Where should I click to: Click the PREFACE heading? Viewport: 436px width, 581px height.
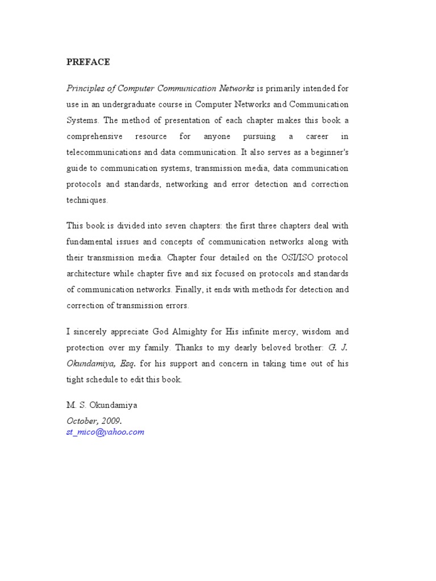coord(88,62)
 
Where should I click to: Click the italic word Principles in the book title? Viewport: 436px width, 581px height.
coord(85,89)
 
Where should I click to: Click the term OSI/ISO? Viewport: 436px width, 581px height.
coord(295,258)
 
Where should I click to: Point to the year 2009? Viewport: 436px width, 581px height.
coord(110,420)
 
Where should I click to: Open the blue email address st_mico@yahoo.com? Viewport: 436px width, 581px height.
coord(105,432)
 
